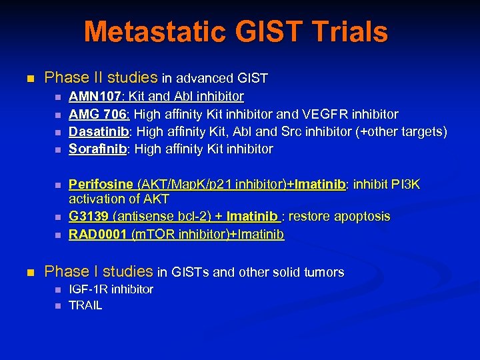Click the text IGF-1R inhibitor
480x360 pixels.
[x=111, y=289]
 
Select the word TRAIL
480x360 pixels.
[x=86, y=305]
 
